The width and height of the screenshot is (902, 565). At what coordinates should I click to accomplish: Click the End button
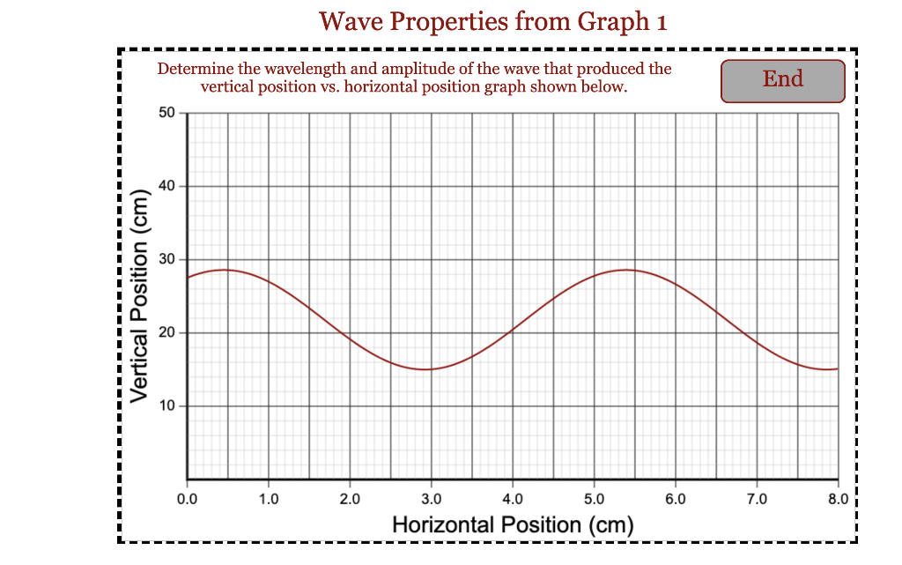coord(782,80)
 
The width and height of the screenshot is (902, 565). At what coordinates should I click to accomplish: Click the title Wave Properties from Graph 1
coord(492,20)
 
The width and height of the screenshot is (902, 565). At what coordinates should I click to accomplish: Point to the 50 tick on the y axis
coord(167,113)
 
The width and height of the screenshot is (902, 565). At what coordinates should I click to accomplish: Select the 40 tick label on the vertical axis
coord(167,186)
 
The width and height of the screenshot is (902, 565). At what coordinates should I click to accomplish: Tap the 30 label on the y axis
coord(167,259)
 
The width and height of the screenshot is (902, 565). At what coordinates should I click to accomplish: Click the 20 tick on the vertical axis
coord(167,332)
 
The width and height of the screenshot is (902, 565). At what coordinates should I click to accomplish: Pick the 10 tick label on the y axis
coord(167,405)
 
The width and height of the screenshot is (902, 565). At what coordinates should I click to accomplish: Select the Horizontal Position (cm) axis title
coord(513,525)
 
